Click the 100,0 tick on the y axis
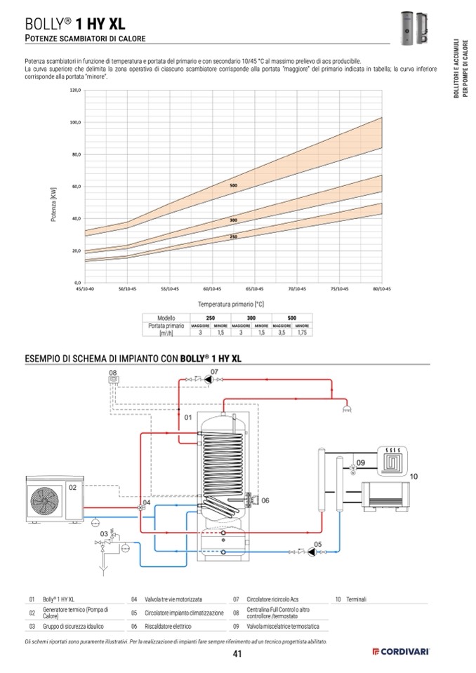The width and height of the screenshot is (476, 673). click(x=76, y=123)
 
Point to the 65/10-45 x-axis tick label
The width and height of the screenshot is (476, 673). click(x=255, y=288)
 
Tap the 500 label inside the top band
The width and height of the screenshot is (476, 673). click(x=233, y=185)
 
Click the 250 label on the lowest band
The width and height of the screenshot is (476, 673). click(x=233, y=237)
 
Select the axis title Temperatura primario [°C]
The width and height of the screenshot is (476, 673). click(x=230, y=304)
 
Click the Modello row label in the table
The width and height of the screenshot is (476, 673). click(x=166, y=318)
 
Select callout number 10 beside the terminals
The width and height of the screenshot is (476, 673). click(x=413, y=477)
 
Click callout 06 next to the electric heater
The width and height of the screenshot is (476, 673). click(x=265, y=500)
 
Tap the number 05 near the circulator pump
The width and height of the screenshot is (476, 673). click(x=317, y=544)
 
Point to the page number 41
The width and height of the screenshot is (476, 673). click(x=237, y=654)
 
